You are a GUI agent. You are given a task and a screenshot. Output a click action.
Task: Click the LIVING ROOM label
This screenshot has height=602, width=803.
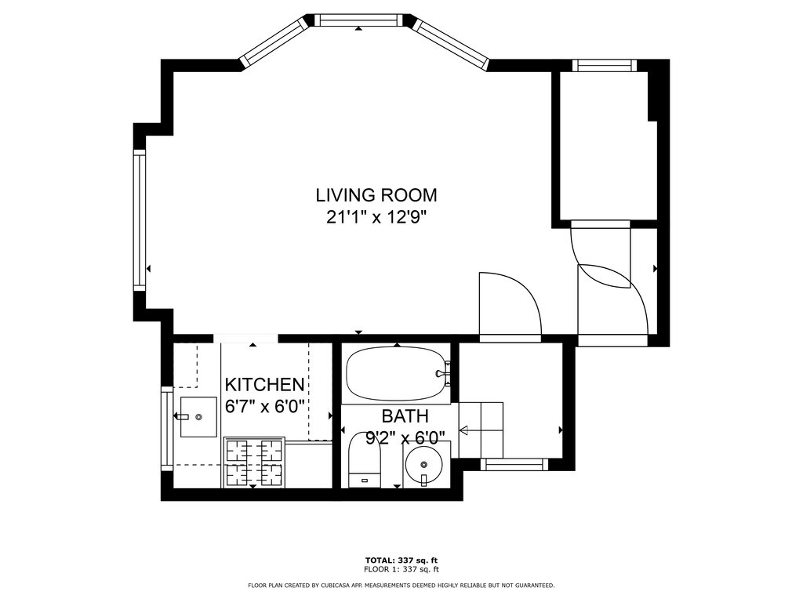[376, 195]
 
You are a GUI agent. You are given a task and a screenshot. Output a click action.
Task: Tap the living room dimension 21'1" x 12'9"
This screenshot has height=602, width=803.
[376, 218]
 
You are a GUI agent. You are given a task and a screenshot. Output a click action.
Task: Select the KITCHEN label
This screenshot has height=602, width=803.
[265, 384]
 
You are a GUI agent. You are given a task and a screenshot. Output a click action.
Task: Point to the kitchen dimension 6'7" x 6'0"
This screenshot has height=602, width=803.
[265, 407]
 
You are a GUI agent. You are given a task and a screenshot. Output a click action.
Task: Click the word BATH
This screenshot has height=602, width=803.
[405, 415]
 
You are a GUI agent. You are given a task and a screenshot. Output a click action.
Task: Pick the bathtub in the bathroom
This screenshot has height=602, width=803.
[398, 374]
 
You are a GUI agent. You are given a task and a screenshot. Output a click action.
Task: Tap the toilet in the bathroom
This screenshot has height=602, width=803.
[365, 460]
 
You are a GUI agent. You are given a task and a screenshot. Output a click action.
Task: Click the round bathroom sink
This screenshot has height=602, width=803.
[423, 465]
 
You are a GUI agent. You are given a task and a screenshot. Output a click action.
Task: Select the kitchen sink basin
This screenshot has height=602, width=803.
[198, 417]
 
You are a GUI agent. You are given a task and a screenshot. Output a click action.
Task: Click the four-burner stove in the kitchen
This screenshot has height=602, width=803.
[254, 462]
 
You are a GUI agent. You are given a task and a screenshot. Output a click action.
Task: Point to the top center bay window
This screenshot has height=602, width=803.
[358, 20]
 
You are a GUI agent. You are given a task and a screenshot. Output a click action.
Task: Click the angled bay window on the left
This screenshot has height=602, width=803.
[274, 42]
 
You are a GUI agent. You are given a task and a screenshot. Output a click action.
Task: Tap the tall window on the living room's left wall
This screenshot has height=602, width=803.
[140, 220]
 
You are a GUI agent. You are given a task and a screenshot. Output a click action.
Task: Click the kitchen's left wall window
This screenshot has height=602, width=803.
[168, 429]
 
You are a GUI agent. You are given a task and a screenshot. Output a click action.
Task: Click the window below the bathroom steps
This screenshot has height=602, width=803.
[514, 464]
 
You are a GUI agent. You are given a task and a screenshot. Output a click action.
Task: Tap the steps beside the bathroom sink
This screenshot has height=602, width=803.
[481, 430]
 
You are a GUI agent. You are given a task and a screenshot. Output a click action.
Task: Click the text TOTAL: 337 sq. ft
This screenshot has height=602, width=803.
[401, 560]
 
